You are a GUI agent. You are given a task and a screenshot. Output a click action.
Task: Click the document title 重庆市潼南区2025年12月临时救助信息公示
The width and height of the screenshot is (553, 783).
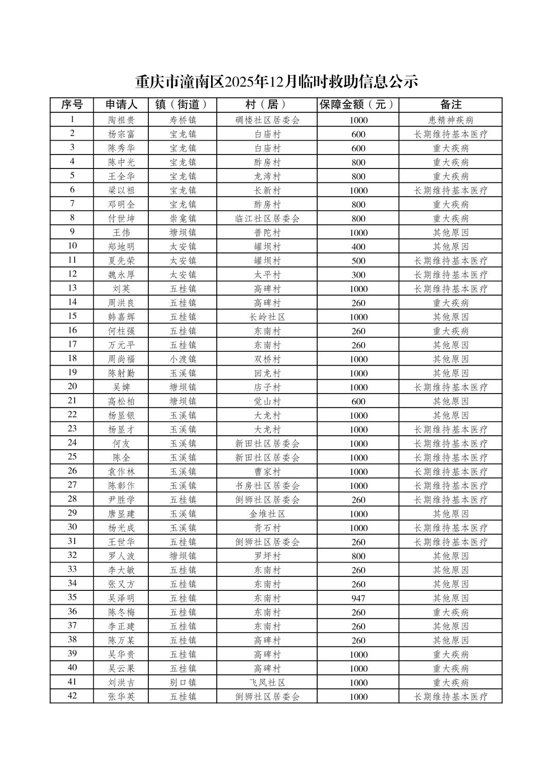(276, 81)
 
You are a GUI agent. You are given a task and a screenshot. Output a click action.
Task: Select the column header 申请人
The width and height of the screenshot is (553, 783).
(122, 105)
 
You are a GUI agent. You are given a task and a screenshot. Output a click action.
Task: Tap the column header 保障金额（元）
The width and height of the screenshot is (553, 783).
(358, 105)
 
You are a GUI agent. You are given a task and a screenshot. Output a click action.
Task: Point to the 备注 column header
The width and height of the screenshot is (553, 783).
(451, 105)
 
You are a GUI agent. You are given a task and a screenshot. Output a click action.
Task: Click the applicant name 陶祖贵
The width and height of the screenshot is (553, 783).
(122, 120)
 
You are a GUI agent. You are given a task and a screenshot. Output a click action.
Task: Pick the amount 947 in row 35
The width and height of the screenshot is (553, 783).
(358, 598)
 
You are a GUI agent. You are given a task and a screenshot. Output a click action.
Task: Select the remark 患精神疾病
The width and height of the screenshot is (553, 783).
(451, 120)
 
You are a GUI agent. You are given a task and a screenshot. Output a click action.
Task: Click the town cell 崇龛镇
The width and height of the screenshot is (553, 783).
(183, 218)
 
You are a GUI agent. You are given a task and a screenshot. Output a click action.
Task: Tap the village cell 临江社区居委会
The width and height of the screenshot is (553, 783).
(267, 218)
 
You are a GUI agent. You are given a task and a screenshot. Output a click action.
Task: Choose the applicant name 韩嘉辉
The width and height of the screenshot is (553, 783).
(122, 317)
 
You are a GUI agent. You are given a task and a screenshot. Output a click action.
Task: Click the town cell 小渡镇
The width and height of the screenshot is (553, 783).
(183, 359)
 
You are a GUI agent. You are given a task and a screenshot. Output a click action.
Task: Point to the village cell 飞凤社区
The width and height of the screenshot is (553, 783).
(267, 683)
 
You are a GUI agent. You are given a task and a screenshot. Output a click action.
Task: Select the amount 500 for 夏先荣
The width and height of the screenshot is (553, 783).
(358, 261)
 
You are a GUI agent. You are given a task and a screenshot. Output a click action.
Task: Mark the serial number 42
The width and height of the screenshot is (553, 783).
(72, 696)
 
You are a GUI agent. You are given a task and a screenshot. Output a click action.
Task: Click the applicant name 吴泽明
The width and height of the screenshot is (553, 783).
(122, 598)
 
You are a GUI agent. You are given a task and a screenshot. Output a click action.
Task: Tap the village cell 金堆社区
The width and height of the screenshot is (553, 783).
(267, 514)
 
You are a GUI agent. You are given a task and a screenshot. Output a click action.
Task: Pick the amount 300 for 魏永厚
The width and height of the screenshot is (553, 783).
(358, 275)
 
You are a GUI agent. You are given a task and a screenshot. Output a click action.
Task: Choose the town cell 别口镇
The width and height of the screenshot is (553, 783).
(183, 683)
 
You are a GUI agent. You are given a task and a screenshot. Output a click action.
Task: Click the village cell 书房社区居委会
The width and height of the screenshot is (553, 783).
(267, 486)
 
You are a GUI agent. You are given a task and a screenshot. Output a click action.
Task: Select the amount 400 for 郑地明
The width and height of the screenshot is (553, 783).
(358, 247)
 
